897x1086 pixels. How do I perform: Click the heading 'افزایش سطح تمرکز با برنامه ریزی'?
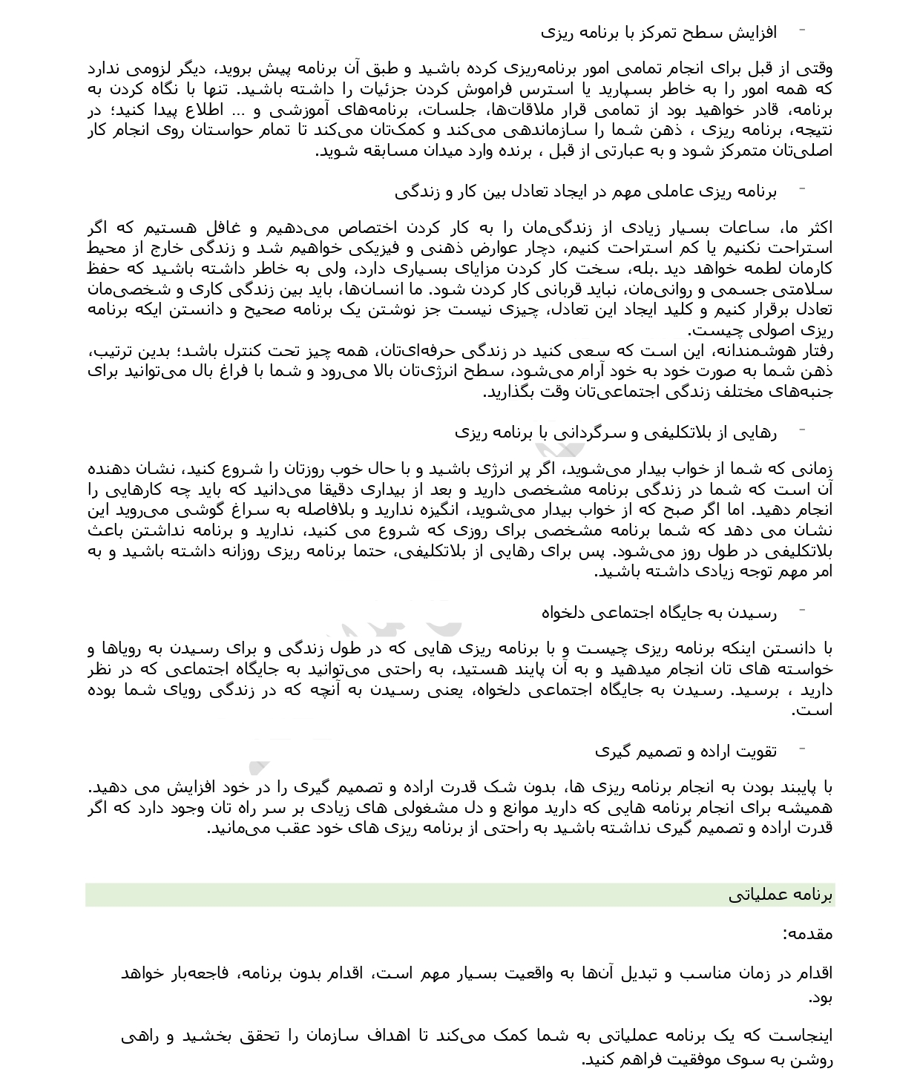[658, 33]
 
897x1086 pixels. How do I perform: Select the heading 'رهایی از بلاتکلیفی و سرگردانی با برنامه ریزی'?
[615, 432]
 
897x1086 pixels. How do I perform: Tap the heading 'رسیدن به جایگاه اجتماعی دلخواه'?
[658, 613]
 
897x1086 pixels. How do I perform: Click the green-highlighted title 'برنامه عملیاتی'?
[781, 895]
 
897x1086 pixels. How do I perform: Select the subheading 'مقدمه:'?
[807, 934]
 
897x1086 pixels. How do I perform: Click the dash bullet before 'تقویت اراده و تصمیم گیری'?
[802, 750]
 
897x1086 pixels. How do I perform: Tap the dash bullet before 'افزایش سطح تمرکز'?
[802, 31]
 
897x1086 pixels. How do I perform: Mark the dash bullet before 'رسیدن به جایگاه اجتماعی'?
[802, 612]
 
